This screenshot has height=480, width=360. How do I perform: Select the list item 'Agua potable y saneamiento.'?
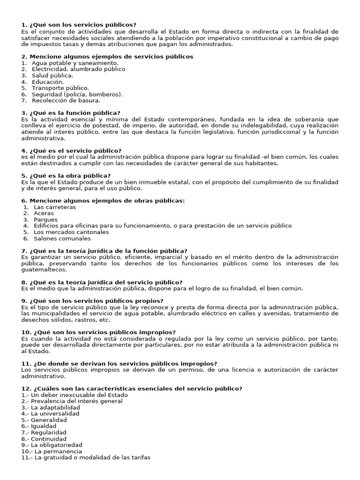pyautogui.click(x=75, y=63)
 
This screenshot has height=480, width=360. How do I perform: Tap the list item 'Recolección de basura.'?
pyautogui.click(x=66, y=100)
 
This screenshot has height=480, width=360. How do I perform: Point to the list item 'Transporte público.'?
pyautogui.click(x=60, y=88)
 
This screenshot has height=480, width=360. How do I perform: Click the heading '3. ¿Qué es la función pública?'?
pyautogui.click(x=71, y=112)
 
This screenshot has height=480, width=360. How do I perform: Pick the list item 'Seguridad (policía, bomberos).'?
pyautogui.click(x=77, y=94)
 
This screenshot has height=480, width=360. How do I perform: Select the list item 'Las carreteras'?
pyautogui.click(x=55, y=207)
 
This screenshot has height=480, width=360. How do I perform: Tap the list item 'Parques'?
pyautogui.click(x=46, y=219)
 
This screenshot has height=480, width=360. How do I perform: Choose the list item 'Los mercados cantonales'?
pyautogui.click(x=71, y=232)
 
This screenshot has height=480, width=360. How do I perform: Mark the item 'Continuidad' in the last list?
pyautogui.click(x=48, y=439)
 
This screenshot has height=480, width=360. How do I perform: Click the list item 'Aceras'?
pyautogui.click(x=45, y=213)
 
